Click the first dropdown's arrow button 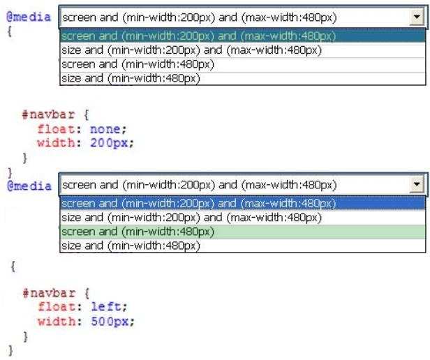pyautogui.click(x=417, y=17)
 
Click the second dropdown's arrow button pyautogui.click(x=417, y=184)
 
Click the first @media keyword pyautogui.click(x=29, y=17)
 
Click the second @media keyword pyautogui.click(x=29, y=186)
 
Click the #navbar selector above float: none pyautogui.click(x=48, y=114)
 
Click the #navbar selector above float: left pyautogui.click(x=49, y=293)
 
